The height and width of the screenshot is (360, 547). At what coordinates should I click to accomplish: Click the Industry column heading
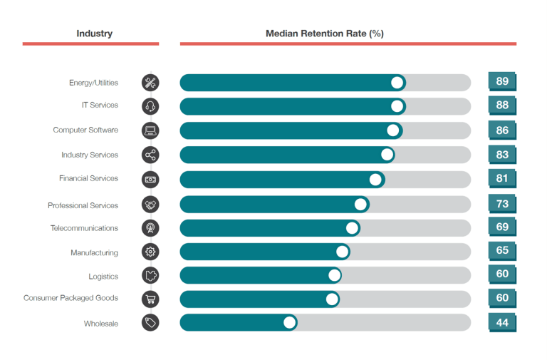94,34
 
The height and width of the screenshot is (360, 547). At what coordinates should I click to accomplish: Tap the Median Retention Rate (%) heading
325,34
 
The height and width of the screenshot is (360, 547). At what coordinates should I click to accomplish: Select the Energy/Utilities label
93,83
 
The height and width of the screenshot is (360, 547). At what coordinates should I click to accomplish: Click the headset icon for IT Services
150,106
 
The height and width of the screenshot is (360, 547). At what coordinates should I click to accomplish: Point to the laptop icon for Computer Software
150,130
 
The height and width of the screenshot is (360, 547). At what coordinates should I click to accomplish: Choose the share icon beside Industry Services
150,155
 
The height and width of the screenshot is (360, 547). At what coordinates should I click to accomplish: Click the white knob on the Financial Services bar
375,180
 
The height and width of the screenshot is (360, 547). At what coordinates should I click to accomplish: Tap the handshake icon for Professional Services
150,205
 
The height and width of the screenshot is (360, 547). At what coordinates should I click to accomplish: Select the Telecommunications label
84,228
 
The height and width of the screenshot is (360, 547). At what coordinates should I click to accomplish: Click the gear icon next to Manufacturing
150,252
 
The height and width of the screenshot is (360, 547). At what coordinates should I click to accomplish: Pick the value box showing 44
502,323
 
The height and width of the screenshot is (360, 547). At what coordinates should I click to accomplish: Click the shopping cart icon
150,299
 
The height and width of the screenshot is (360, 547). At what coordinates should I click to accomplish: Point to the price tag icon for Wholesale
150,323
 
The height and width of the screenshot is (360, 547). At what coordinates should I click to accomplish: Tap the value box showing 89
502,81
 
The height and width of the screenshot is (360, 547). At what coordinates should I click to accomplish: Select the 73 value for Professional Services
502,204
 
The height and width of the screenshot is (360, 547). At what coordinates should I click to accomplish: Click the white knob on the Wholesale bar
289,322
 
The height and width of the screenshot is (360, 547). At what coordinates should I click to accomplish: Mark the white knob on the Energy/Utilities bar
397,83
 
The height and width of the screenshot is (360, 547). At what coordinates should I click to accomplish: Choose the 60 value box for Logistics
502,274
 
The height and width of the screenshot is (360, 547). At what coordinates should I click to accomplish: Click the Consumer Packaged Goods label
71,298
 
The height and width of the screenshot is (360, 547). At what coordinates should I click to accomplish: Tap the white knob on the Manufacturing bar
342,252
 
